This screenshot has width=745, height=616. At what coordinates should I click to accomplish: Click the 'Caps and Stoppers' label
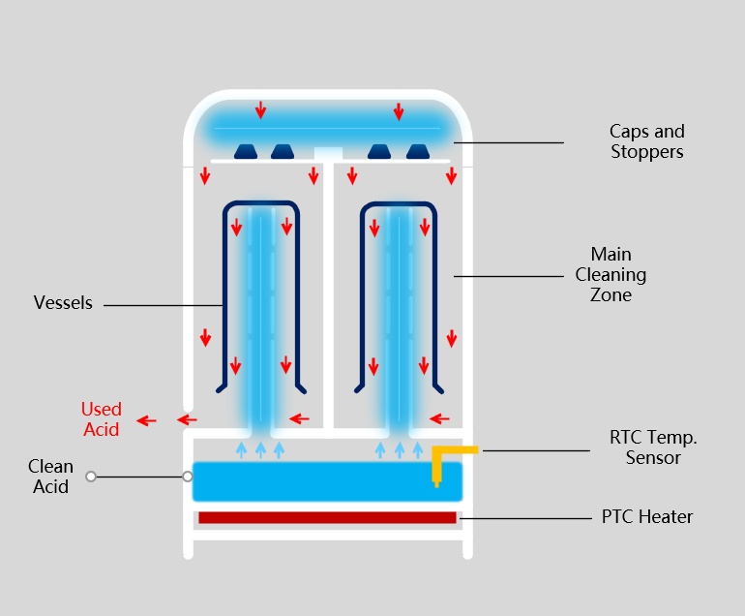click(x=646, y=141)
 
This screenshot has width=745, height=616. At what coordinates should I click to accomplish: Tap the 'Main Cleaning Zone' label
click(x=611, y=275)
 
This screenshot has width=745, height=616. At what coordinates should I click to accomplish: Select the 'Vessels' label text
click(x=63, y=303)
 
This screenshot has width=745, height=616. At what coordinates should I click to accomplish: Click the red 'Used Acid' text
click(x=101, y=419)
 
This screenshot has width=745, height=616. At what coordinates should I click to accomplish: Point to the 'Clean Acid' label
click(x=50, y=477)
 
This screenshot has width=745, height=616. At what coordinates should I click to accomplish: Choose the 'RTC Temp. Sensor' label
click(x=653, y=447)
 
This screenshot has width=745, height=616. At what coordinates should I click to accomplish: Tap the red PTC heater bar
click(x=327, y=518)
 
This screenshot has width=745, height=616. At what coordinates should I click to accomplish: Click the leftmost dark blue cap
click(x=246, y=151)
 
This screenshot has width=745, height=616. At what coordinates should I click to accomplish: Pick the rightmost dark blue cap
click(x=417, y=151)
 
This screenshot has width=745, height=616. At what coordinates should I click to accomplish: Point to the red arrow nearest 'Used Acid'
click(x=147, y=420)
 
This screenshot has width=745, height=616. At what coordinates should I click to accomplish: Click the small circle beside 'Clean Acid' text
click(x=91, y=477)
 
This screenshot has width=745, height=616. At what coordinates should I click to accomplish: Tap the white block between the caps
click(x=329, y=153)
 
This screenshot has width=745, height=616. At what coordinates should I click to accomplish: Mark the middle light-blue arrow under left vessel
click(x=260, y=449)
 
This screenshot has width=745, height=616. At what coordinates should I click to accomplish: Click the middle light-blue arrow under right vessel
click(x=399, y=449)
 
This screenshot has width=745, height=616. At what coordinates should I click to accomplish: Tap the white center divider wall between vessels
click(x=329, y=291)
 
